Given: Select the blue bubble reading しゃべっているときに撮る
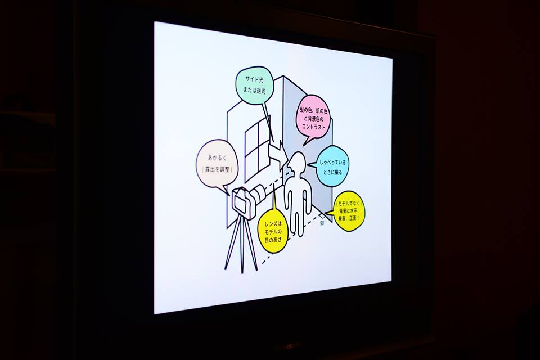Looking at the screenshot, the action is point(333,166).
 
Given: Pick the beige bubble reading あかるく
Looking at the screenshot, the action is point(217,163).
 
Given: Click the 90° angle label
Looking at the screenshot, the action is point(323,223).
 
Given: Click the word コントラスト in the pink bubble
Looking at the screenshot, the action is point(313,128).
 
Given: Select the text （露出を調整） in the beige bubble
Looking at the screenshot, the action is point(217,168).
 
